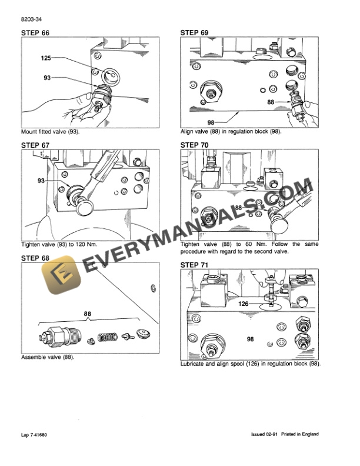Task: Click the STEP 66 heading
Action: [36, 32]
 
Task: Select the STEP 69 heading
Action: [195, 32]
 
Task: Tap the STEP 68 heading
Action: [36, 258]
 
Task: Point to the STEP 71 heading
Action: [195, 265]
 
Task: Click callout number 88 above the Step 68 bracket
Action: [88, 314]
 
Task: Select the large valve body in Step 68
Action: [59, 338]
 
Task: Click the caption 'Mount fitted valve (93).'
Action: [50, 132]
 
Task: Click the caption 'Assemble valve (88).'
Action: [48, 357]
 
